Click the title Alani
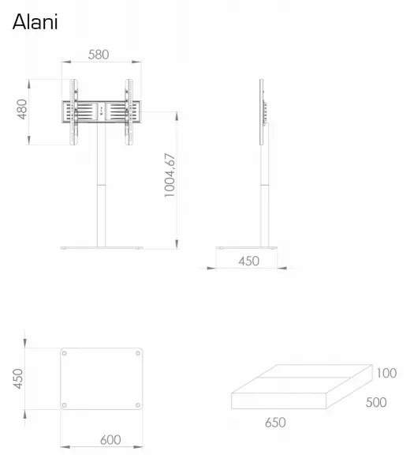tap(35, 22)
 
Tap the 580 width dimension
tap(99, 55)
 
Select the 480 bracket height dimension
tap(22, 109)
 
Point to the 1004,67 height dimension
tap(170, 175)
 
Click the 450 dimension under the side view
tap(248, 261)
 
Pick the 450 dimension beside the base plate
tap(18, 378)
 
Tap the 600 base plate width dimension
tap(110, 440)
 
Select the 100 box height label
tap(386, 373)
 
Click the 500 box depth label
tap(376, 402)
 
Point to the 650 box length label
tap(275, 423)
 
